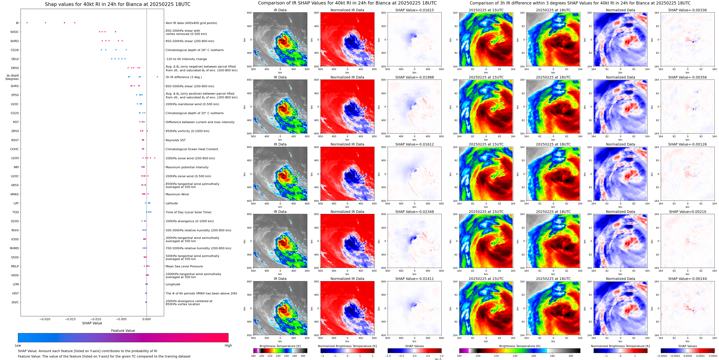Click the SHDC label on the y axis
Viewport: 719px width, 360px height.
(x=15, y=32)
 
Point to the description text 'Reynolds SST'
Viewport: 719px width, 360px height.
(x=175, y=140)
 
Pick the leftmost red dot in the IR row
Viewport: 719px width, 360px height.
(x=27, y=23)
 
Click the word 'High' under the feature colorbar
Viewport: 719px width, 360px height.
(x=228, y=345)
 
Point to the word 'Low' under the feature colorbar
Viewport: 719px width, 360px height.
(x=18, y=345)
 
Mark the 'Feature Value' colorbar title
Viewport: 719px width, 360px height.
(x=123, y=331)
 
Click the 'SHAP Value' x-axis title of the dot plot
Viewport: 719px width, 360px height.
(x=92, y=323)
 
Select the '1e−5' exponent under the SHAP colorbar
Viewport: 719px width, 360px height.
(x=438, y=359)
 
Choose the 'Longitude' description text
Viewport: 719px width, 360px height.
(x=173, y=284)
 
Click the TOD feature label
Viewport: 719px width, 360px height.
(x=16, y=212)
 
